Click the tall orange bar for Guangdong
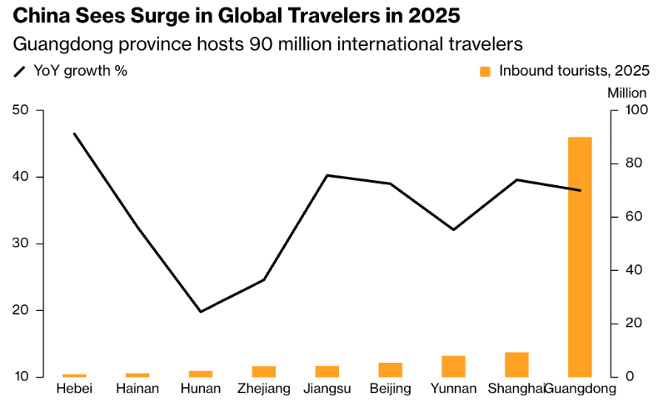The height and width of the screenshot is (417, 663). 580,257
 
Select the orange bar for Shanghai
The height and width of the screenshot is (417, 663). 516,364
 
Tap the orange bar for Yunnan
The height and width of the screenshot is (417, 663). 454,366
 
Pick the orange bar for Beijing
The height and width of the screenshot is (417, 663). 391,369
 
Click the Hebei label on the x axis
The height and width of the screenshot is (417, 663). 74,389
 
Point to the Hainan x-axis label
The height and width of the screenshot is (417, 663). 137,389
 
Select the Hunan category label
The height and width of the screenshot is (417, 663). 201,389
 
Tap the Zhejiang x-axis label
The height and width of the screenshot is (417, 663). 264,389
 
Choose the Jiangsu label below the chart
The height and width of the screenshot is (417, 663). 327,389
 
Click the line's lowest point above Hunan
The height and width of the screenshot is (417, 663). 201,311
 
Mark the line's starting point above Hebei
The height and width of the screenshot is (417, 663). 74,133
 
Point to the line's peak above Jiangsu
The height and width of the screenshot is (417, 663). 327,175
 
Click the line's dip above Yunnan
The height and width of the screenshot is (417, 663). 454,229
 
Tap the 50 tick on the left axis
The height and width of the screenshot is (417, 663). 21,110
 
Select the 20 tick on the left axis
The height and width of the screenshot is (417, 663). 21,310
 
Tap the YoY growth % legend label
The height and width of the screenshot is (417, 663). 80,71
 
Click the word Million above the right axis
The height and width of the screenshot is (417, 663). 627,92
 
